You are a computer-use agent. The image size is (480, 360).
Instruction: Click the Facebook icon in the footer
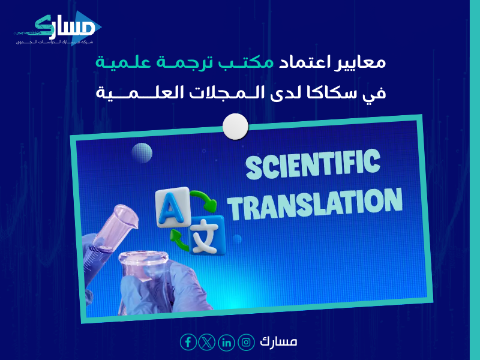pos(188,342)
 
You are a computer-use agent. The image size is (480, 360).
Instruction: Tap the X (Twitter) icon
pos(207,342)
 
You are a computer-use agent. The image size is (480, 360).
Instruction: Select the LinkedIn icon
pos(226,342)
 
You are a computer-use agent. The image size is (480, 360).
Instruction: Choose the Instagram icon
pos(246,342)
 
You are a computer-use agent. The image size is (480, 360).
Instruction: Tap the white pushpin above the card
pos(235,127)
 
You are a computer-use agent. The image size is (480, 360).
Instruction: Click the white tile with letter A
pos(169,209)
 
